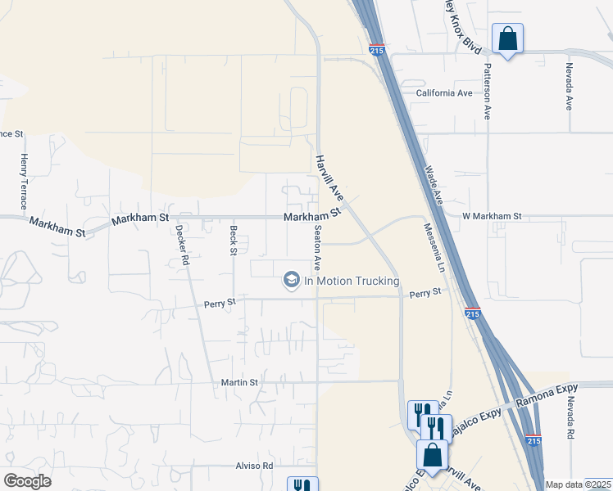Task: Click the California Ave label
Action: (444, 93)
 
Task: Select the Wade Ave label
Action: (434, 186)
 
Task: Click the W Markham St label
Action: (492, 216)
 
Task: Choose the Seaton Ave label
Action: (316, 250)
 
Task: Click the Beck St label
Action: (234, 241)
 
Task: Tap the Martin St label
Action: (239, 382)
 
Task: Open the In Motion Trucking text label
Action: (352, 281)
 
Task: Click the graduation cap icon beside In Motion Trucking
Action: (291, 281)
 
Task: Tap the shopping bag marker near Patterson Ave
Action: (507, 38)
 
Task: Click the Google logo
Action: (27, 481)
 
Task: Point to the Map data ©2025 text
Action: (578, 485)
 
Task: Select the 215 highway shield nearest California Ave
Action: (377, 50)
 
